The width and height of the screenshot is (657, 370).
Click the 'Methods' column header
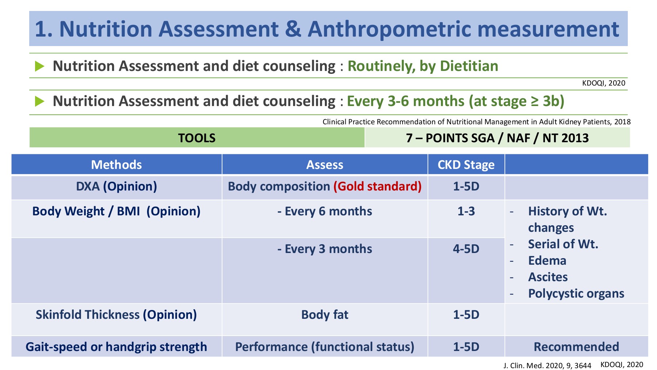[116, 165]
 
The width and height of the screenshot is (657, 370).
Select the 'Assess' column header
[325, 165]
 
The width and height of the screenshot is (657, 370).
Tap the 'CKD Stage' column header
[466, 165]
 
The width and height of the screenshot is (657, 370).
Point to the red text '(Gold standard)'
[377, 186]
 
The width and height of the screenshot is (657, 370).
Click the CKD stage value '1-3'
[466, 211]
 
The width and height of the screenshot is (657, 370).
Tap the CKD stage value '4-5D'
[466, 249]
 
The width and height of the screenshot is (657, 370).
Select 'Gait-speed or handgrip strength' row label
[116, 347]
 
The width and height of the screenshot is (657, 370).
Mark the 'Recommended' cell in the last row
[576, 347]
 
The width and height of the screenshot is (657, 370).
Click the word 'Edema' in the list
[547, 261]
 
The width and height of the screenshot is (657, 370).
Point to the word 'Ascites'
[548, 277]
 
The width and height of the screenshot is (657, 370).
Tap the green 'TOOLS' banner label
[197, 138]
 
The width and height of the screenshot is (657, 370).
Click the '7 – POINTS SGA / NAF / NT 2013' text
[497, 138]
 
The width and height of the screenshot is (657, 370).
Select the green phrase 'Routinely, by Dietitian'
[423, 66]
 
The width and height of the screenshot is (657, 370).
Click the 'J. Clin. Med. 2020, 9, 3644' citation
[547, 366]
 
